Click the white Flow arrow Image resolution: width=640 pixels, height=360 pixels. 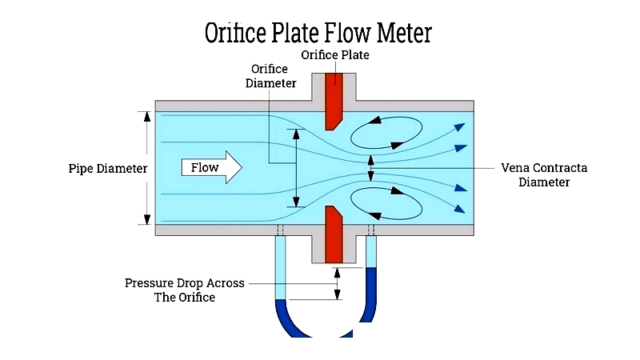[x=211, y=167]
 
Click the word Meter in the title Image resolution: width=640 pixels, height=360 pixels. [x=404, y=33]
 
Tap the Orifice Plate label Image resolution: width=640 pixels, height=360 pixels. [x=335, y=54]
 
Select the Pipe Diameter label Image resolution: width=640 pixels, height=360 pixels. [x=108, y=168]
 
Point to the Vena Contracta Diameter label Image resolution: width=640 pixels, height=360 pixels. [x=544, y=174]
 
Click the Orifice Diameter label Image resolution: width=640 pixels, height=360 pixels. [x=270, y=76]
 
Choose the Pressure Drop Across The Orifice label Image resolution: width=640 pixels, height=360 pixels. [x=185, y=290]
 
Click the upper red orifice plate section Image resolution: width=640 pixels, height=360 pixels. [x=334, y=102]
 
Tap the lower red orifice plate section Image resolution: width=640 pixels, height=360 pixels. [x=334, y=234]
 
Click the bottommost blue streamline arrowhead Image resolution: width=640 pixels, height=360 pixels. [x=459, y=209]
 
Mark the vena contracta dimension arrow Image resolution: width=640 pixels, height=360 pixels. [x=370, y=168]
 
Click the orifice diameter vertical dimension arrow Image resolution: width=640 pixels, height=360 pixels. [x=296, y=168]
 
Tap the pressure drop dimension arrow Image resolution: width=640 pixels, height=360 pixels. [x=337, y=284]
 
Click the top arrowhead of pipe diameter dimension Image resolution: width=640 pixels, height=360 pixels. [x=147, y=116]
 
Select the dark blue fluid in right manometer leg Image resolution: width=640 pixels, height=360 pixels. [x=370, y=294]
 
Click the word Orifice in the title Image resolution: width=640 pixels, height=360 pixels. [x=235, y=33]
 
